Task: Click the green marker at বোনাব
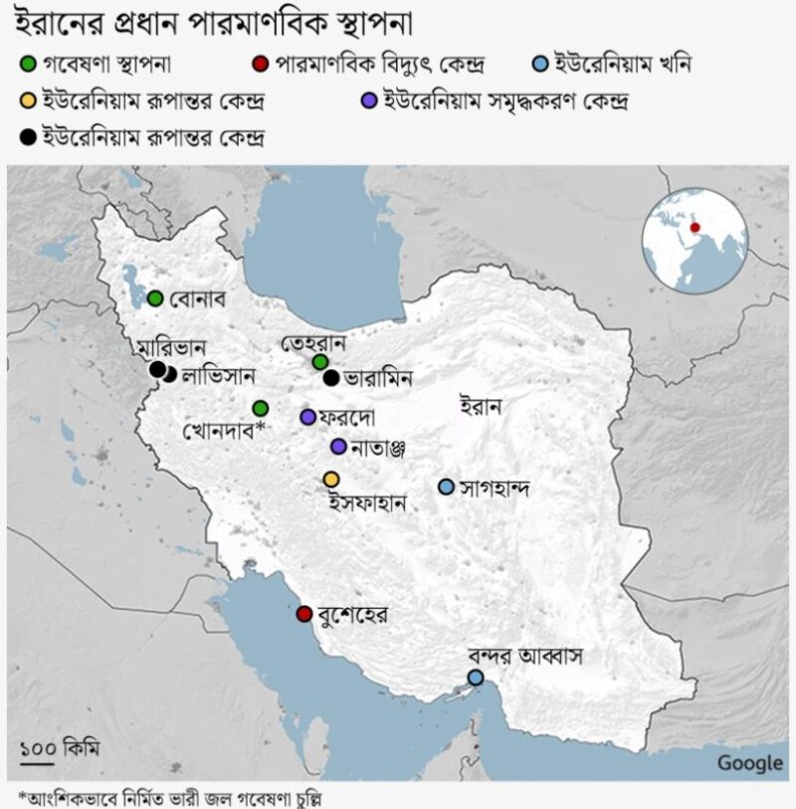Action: coord(155,298)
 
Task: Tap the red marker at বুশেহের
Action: coord(303,613)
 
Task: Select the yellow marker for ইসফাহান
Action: coord(331,480)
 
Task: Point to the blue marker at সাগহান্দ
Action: coord(446,487)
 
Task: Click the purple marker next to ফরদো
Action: coord(307,416)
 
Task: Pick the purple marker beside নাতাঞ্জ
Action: coord(339,446)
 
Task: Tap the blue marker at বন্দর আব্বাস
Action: coord(476,677)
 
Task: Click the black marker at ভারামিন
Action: coord(329,377)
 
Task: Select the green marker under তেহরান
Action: coord(319,361)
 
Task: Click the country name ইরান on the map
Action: coord(482,405)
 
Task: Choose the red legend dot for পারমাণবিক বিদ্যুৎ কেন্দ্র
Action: coord(258,66)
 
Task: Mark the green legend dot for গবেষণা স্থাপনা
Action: coord(27,66)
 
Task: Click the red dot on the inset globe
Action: coord(696,227)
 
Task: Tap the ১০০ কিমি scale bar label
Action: coord(60,746)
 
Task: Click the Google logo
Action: coord(749,763)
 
